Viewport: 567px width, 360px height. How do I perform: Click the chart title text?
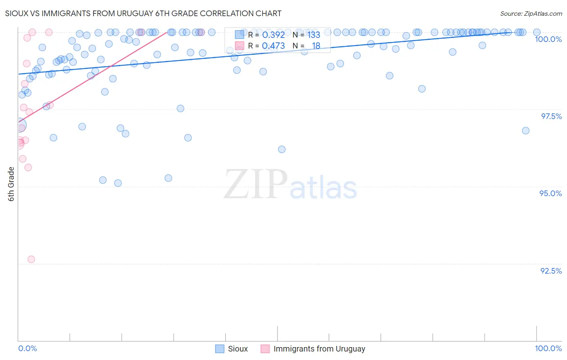click(143, 13)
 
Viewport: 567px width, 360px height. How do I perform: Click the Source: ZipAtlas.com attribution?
click(531, 13)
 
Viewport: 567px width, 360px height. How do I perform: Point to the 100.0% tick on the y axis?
click(548, 39)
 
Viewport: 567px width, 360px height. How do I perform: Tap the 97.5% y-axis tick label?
click(551, 116)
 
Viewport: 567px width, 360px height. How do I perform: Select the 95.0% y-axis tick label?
click(550, 193)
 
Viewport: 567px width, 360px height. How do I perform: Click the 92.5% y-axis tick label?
click(551, 271)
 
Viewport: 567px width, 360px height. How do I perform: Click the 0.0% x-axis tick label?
click(27, 348)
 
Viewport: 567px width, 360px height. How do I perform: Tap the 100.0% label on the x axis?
click(548, 348)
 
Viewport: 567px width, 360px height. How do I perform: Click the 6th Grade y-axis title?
click(11, 184)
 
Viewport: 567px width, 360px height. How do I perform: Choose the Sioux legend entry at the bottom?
click(238, 349)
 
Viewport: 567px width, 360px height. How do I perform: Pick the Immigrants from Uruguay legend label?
click(319, 349)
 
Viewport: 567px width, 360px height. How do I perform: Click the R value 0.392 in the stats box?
click(273, 35)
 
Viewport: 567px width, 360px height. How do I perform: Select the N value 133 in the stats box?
click(313, 35)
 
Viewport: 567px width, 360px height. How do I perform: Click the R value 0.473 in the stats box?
click(273, 46)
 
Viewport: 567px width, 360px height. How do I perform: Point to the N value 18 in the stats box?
click(316, 46)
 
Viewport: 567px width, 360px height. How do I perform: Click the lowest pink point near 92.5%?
click(31, 259)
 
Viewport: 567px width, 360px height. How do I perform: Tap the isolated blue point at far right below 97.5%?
click(525, 130)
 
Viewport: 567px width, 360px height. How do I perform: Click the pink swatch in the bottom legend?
click(265, 349)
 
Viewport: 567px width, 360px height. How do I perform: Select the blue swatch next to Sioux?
click(219, 349)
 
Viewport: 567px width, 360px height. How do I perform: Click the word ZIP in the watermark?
click(255, 184)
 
